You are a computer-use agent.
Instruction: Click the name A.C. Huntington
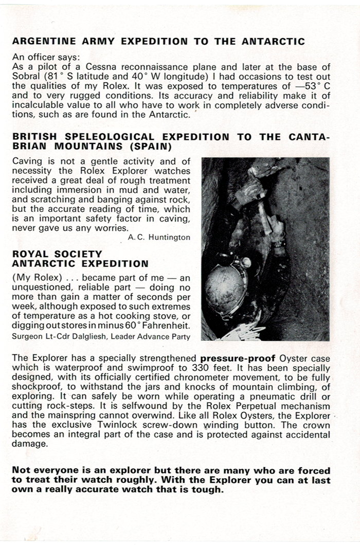click(x=159, y=237)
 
